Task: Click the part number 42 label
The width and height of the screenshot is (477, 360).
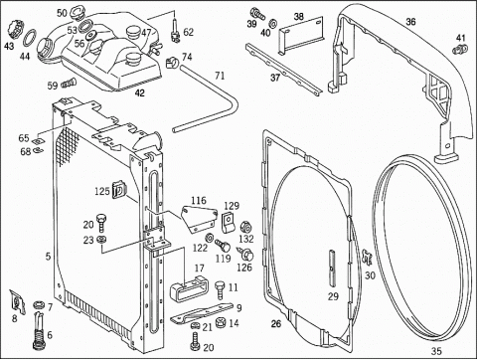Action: [140, 93]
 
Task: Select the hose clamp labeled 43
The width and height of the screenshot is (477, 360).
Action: [15, 29]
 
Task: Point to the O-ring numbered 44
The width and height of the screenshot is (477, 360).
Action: [30, 39]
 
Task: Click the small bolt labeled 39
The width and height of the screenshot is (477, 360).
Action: [257, 13]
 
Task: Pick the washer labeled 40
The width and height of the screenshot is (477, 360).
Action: [273, 23]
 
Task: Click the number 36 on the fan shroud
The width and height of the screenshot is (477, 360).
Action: [410, 22]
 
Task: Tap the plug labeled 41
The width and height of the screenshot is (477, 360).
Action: [460, 50]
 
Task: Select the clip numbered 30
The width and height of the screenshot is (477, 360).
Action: [367, 258]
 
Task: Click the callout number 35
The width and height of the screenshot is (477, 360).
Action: [436, 351]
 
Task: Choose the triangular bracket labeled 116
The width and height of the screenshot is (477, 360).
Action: [198, 219]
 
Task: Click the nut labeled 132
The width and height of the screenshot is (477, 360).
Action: [245, 227]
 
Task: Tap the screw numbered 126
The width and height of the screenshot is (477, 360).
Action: [246, 255]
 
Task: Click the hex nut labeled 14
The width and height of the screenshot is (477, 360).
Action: [221, 323]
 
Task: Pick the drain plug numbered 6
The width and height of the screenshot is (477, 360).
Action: [39, 332]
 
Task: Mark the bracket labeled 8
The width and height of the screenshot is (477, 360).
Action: [17, 302]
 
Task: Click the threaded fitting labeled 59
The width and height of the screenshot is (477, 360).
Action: [69, 83]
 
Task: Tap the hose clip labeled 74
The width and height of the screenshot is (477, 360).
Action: [172, 62]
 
